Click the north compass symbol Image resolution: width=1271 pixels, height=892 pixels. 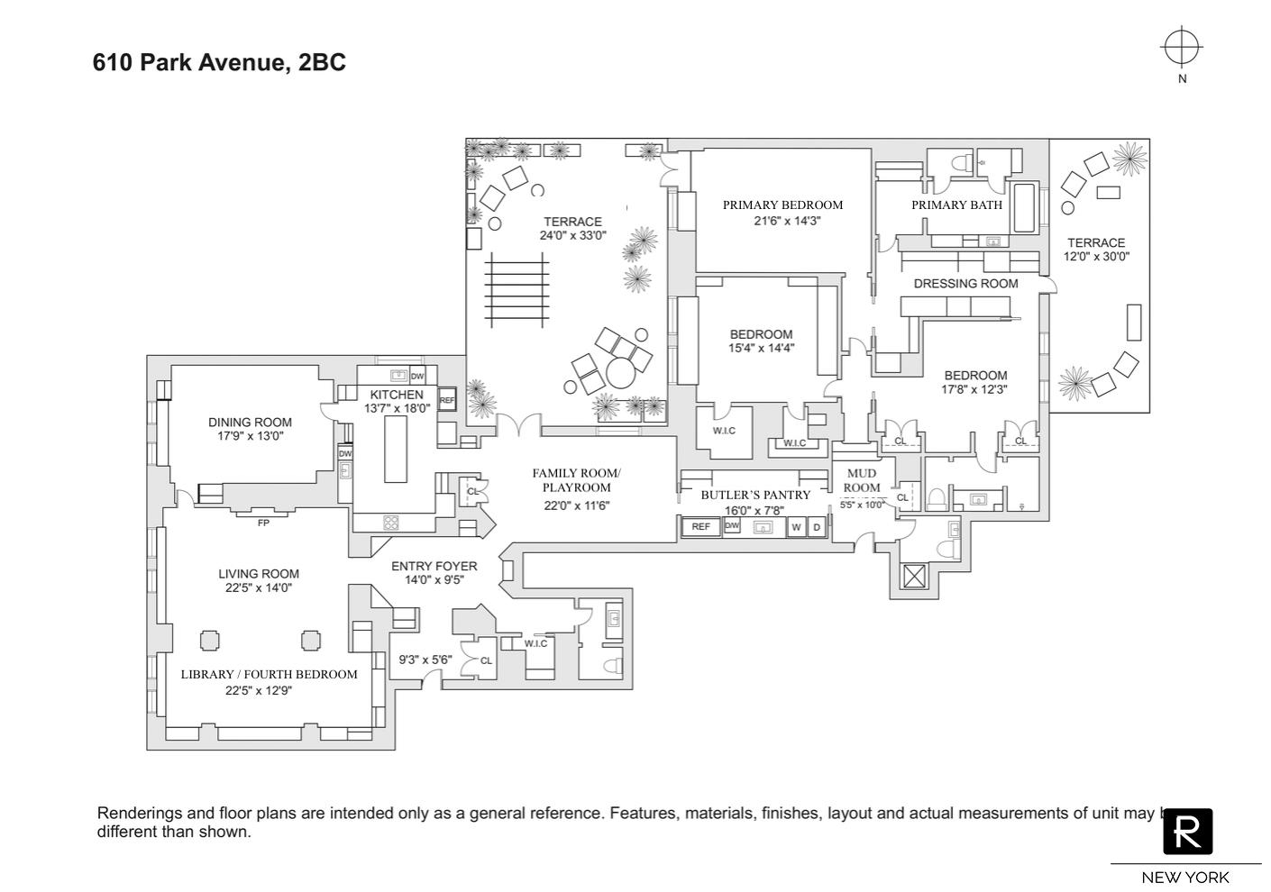coord(1181,48)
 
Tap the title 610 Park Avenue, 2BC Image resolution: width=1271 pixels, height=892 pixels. coord(219,62)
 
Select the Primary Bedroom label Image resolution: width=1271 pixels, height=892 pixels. coord(782,205)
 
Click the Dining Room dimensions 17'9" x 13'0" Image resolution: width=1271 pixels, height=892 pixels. coord(250,436)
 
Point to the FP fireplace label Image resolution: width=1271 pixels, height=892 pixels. coord(263,523)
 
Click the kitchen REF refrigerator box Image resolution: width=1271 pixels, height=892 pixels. coord(447,400)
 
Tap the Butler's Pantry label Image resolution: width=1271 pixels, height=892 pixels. coord(755,495)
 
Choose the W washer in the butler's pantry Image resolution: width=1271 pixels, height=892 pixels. coord(796,528)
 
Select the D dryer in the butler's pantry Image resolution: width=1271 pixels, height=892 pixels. coord(817,528)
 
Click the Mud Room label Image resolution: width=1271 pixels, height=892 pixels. coord(862,480)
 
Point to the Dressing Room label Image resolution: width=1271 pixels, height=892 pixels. coord(965,283)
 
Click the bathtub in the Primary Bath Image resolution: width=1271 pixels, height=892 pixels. coord(1024,208)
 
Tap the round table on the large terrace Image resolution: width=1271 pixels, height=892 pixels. coord(620,371)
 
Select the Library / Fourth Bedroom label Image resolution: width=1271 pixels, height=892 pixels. coord(269,674)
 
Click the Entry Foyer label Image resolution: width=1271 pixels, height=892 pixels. coord(434,566)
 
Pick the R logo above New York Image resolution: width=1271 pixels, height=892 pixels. coord(1187,831)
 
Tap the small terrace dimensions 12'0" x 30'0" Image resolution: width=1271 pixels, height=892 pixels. coord(1096,256)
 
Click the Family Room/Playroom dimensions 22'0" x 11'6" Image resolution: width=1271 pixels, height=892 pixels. coord(576,505)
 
